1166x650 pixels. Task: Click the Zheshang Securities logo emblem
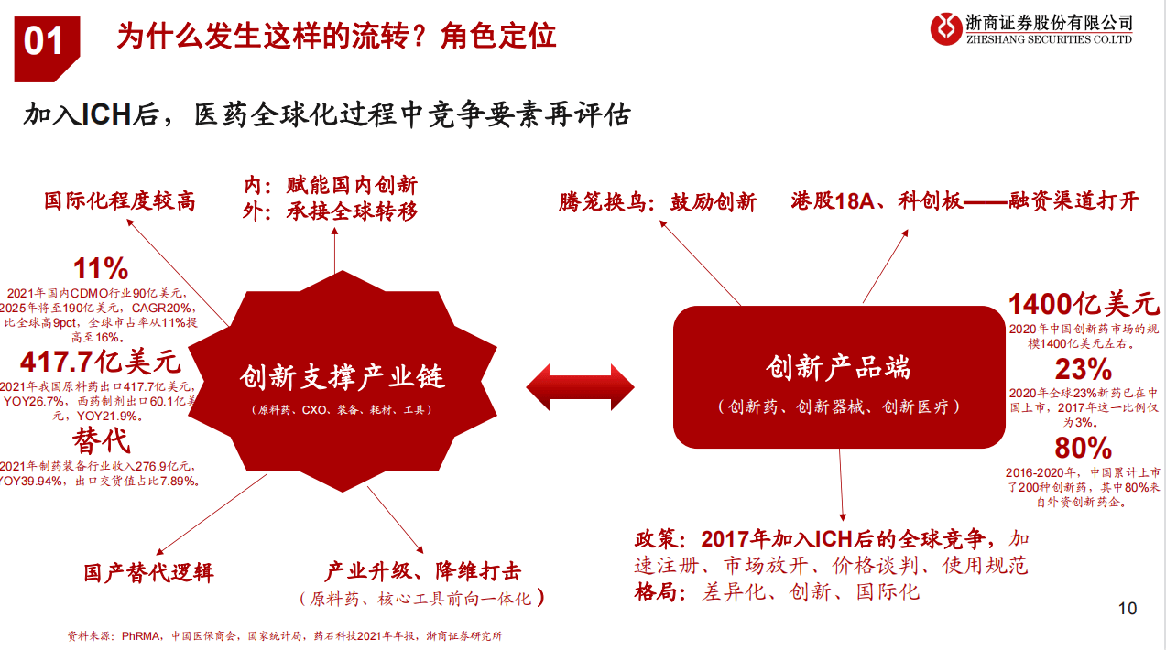click(945, 29)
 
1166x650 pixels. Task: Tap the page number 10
click(1128, 609)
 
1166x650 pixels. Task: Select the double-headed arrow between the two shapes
click(580, 386)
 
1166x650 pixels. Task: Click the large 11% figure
click(101, 268)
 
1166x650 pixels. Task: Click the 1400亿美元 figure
click(1084, 304)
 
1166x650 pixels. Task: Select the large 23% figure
click(1083, 370)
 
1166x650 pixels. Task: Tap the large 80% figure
click(1083, 449)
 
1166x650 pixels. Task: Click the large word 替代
click(102, 441)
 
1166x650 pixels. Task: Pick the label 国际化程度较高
click(120, 200)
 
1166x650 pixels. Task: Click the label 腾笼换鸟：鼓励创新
click(658, 202)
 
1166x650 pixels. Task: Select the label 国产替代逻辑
click(148, 573)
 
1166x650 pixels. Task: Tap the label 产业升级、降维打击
click(423, 572)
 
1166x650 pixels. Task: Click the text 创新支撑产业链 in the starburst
click(342, 377)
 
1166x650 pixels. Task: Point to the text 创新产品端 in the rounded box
click(839, 369)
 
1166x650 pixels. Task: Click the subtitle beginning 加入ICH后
click(327, 115)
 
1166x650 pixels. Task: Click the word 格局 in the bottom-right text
click(659, 591)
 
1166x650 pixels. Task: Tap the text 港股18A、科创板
click(877, 201)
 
